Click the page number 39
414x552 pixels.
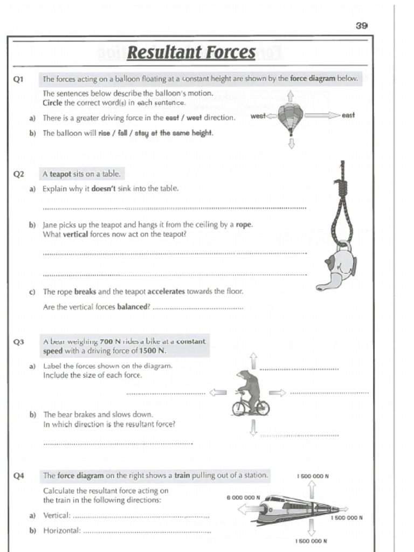coord(361,25)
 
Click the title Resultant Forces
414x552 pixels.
coord(191,53)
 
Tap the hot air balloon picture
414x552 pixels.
coord(290,118)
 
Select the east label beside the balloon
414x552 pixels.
coord(348,115)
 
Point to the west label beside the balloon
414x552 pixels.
coord(258,116)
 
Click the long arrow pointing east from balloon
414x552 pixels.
coord(322,115)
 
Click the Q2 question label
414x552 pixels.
coord(19,174)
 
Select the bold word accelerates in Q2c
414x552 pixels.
coord(166,292)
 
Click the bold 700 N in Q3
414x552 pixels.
coord(110,342)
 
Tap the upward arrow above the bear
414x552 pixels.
coord(253,362)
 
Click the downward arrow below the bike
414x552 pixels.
coord(253,427)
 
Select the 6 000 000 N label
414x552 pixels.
coord(244,498)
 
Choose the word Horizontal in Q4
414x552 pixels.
coord(61,530)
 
